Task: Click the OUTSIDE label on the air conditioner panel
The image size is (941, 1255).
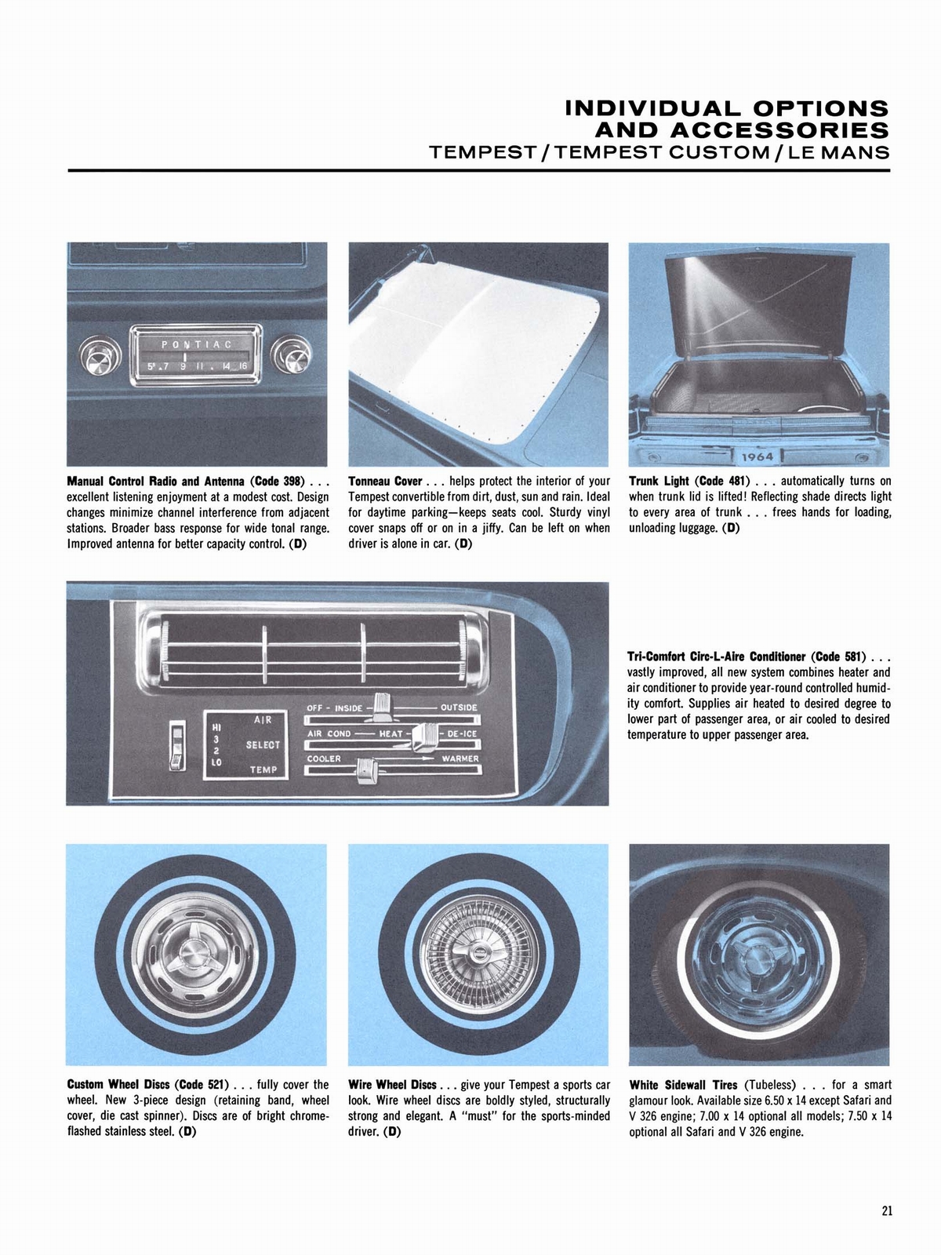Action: point(459,708)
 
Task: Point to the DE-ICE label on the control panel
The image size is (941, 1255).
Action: point(462,733)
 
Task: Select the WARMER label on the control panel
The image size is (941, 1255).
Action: point(460,759)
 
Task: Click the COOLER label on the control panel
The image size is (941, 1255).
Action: point(324,759)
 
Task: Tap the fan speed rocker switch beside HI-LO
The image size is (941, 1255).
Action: point(177,746)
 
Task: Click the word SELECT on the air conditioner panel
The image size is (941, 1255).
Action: point(263,744)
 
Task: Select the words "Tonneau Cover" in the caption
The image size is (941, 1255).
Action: point(384,481)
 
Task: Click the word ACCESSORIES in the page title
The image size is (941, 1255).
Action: point(743,129)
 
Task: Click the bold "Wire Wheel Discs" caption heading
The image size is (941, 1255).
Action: point(392,1085)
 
